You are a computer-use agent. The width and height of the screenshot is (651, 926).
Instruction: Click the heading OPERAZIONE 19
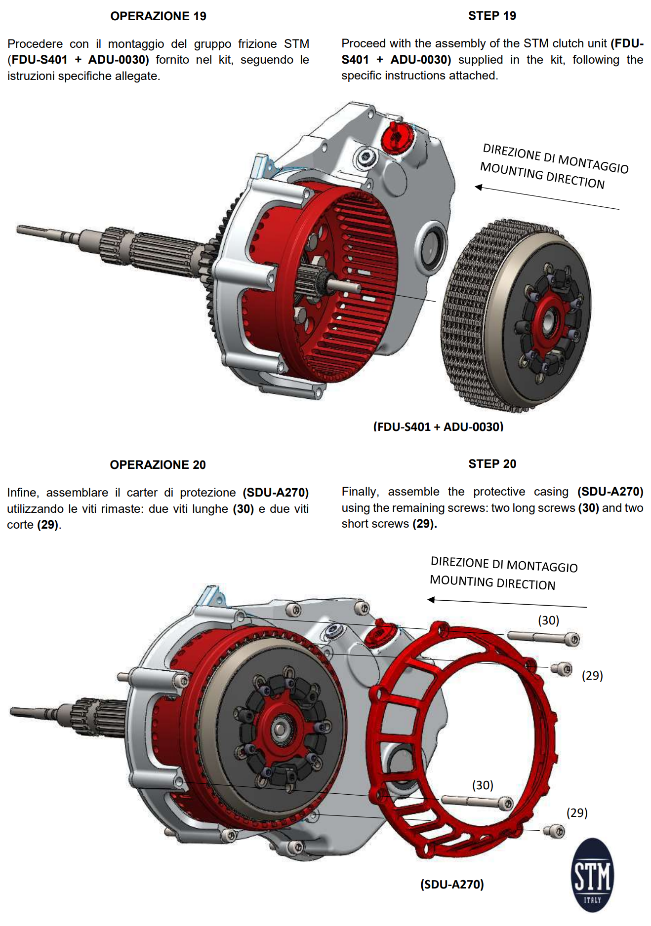tap(158, 16)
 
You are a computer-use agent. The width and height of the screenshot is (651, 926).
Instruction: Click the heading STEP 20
tap(492, 464)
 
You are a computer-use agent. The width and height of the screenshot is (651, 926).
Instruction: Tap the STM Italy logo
tap(592, 875)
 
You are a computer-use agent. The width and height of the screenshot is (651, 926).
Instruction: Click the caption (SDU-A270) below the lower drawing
tap(452, 884)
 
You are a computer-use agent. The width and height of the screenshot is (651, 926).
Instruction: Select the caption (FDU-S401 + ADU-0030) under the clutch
tap(438, 426)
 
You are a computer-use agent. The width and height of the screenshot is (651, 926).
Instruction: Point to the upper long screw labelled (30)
tap(543, 638)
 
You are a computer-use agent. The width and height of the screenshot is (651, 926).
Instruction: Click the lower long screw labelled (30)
tap(477, 802)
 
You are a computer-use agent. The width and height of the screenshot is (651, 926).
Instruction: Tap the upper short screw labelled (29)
tap(562, 669)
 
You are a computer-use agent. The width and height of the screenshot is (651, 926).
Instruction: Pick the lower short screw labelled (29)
tap(554, 831)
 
